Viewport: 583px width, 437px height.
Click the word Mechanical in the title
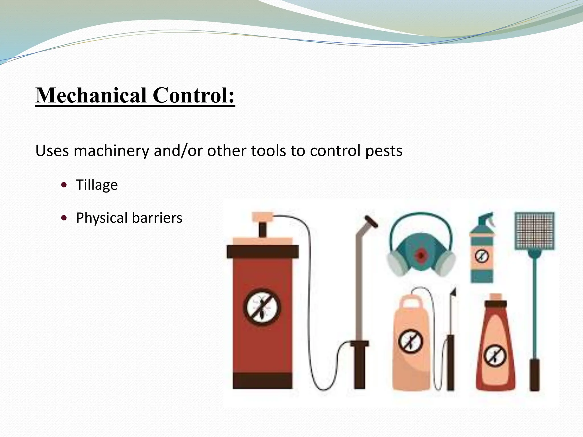click(x=91, y=95)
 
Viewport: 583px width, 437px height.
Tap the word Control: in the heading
click(x=194, y=95)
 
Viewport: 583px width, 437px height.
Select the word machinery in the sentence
click(x=111, y=151)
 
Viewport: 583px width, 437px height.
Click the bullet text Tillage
click(x=97, y=185)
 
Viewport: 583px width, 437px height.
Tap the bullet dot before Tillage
click(x=64, y=185)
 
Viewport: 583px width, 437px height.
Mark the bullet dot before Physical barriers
click(x=64, y=218)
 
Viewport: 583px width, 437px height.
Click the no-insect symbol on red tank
click(x=262, y=307)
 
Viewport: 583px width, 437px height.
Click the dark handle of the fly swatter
click(x=534, y=375)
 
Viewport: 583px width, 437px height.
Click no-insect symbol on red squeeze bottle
click(x=495, y=356)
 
